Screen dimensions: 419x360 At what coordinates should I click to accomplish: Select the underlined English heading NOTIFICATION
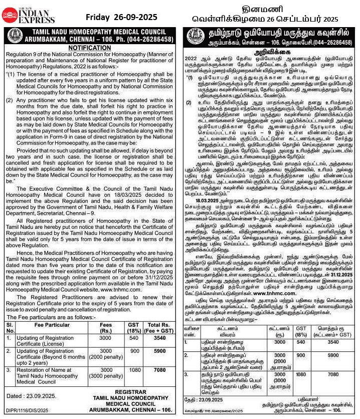(x=89, y=48)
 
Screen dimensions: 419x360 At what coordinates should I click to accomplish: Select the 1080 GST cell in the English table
(x=134, y=369)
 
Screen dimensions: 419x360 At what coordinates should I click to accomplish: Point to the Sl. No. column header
(x=10, y=327)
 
